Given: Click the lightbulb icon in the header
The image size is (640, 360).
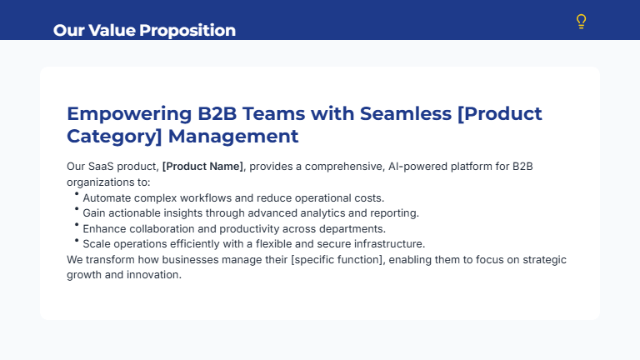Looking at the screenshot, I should click(x=582, y=22).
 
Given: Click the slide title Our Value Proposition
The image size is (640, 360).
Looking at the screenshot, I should click(x=144, y=30).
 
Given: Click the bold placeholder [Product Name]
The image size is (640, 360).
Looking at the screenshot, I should click(x=202, y=167).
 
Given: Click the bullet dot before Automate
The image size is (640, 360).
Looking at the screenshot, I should click(x=77, y=194).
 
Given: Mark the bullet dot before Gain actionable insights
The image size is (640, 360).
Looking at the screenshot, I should click(x=77, y=209).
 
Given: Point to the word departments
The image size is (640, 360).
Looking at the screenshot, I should click(x=356, y=228).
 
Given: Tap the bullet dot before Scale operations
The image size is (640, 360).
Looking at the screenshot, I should click(x=77, y=240).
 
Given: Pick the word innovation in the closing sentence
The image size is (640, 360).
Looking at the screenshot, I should click(x=155, y=274).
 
